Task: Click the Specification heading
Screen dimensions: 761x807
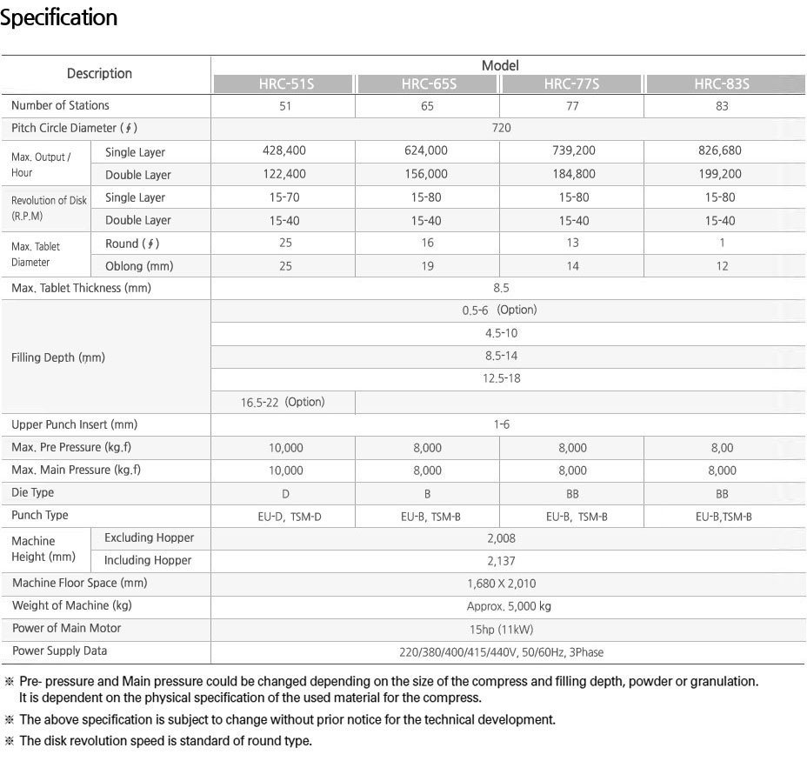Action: tap(59, 17)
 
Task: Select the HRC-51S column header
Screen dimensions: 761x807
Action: tap(283, 84)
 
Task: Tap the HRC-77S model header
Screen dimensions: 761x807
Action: tap(571, 84)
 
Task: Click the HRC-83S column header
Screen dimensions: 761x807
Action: tap(722, 84)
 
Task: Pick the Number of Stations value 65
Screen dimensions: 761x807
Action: tap(427, 106)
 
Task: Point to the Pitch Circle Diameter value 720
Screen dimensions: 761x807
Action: tap(501, 128)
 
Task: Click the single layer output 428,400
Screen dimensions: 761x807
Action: tap(284, 150)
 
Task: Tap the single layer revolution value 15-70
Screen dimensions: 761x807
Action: tap(284, 197)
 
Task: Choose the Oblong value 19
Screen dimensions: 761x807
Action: tap(427, 266)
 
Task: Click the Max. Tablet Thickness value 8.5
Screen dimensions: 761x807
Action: tap(501, 288)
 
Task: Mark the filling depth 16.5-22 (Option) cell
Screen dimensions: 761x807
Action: tap(283, 402)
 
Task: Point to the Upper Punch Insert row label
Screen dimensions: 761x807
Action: tap(75, 424)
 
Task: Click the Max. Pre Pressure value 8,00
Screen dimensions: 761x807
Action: tap(721, 448)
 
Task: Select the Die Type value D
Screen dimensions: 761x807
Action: tap(285, 493)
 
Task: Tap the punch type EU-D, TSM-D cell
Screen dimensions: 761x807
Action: tap(284, 517)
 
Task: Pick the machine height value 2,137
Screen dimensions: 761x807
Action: tap(501, 561)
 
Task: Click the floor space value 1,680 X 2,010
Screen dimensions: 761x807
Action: tap(501, 584)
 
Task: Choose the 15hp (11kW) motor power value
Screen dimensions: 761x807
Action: tap(501, 629)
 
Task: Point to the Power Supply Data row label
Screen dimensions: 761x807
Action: tap(60, 651)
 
